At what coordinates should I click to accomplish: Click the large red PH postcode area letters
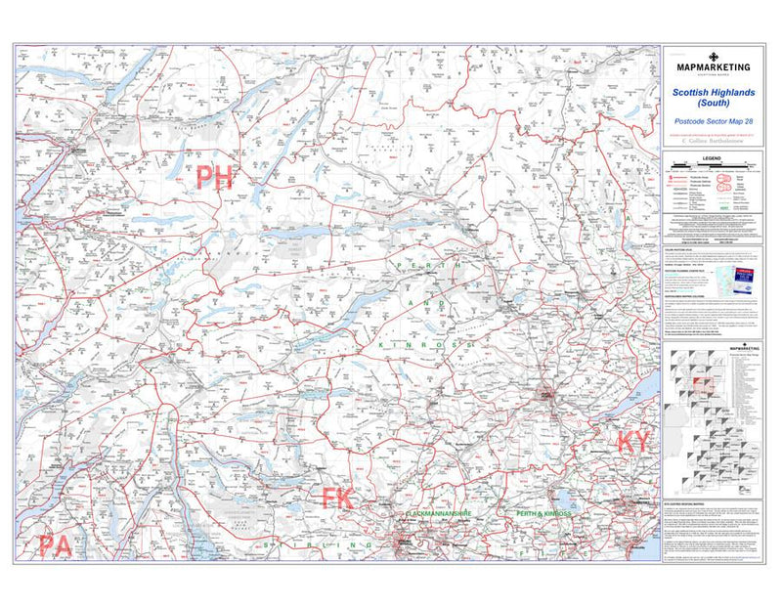tap(216, 177)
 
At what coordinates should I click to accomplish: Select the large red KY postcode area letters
tap(632, 442)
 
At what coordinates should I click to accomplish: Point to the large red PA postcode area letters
tap(55, 545)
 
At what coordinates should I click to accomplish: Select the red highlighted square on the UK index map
tap(700, 383)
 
